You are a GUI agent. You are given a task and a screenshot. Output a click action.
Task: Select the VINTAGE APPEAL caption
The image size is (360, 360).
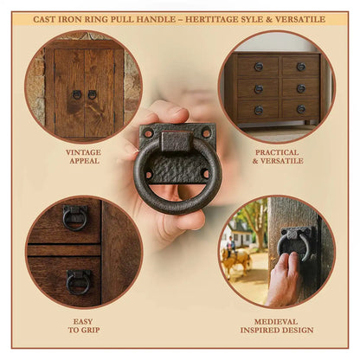pyautogui.click(x=84, y=157)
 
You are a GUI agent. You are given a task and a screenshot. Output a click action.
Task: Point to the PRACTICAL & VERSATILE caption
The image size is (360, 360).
pyautogui.click(x=278, y=157)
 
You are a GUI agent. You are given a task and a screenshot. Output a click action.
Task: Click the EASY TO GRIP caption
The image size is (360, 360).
pyautogui.click(x=84, y=325)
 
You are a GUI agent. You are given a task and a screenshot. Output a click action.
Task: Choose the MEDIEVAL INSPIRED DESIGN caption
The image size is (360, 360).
pyautogui.click(x=277, y=325)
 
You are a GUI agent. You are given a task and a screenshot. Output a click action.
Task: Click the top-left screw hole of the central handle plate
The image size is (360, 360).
pyautogui.click(x=148, y=133)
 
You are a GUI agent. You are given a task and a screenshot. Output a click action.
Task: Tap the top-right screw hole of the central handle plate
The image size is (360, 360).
pyautogui.click(x=207, y=133)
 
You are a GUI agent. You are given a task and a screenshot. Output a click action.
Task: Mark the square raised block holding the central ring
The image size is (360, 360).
pyautogui.click(x=176, y=142)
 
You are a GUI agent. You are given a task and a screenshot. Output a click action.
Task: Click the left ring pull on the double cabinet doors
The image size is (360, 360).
pyautogui.click(x=76, y=94)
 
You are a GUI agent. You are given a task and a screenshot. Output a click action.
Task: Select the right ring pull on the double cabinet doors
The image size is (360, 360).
pyautogui.click(x=92, y=94)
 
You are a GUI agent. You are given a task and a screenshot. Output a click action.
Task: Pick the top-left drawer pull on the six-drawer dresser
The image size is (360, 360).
pyautogui.click(x=259, y=67)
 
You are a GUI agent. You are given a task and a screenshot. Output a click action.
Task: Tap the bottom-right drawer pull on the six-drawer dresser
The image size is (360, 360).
pyautogui.click(x=301, y=109)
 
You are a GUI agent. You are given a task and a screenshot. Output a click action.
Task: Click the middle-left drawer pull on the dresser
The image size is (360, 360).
pyautogui.click(x=259, y=89)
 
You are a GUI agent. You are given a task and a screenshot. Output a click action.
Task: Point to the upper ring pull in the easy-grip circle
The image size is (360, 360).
pyautogui.click(x=75, y=217)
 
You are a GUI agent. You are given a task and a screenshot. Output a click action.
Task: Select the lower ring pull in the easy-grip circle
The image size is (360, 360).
pyautogui.click(x=78, y=282)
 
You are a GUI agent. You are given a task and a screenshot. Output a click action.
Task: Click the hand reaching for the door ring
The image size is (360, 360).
pyautogui.click(x=284, y=279)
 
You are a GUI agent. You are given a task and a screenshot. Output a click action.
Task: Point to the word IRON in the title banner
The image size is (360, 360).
pyautogui.click(x=70, y=19)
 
